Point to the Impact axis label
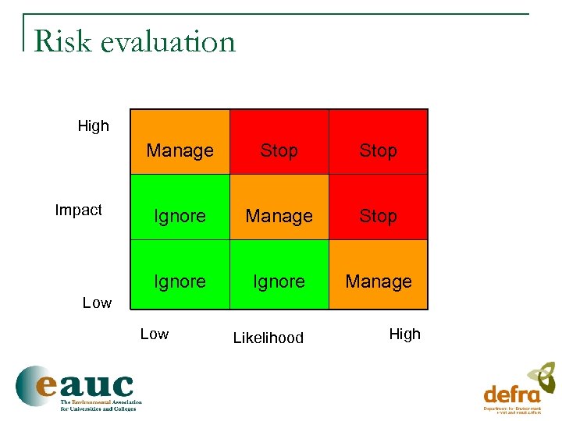78,210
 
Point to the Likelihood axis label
269,338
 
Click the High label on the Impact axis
94,126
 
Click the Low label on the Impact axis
97,302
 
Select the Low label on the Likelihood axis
154,334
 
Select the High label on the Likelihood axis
404,334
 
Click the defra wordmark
511,394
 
